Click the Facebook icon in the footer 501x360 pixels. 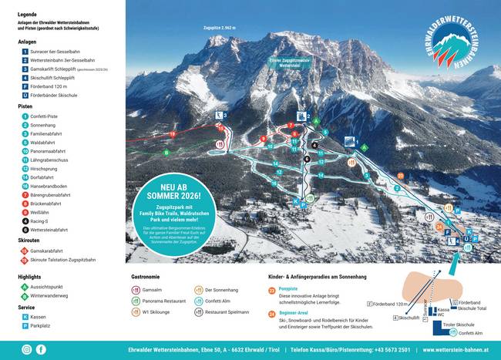point(41,349)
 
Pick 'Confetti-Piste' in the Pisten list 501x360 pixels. point(48,116)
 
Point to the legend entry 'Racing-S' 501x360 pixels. point(42,220)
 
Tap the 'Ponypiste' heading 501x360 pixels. point(290,288)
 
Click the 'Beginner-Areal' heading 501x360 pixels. point(294,313)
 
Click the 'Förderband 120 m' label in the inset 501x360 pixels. point(388,304)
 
